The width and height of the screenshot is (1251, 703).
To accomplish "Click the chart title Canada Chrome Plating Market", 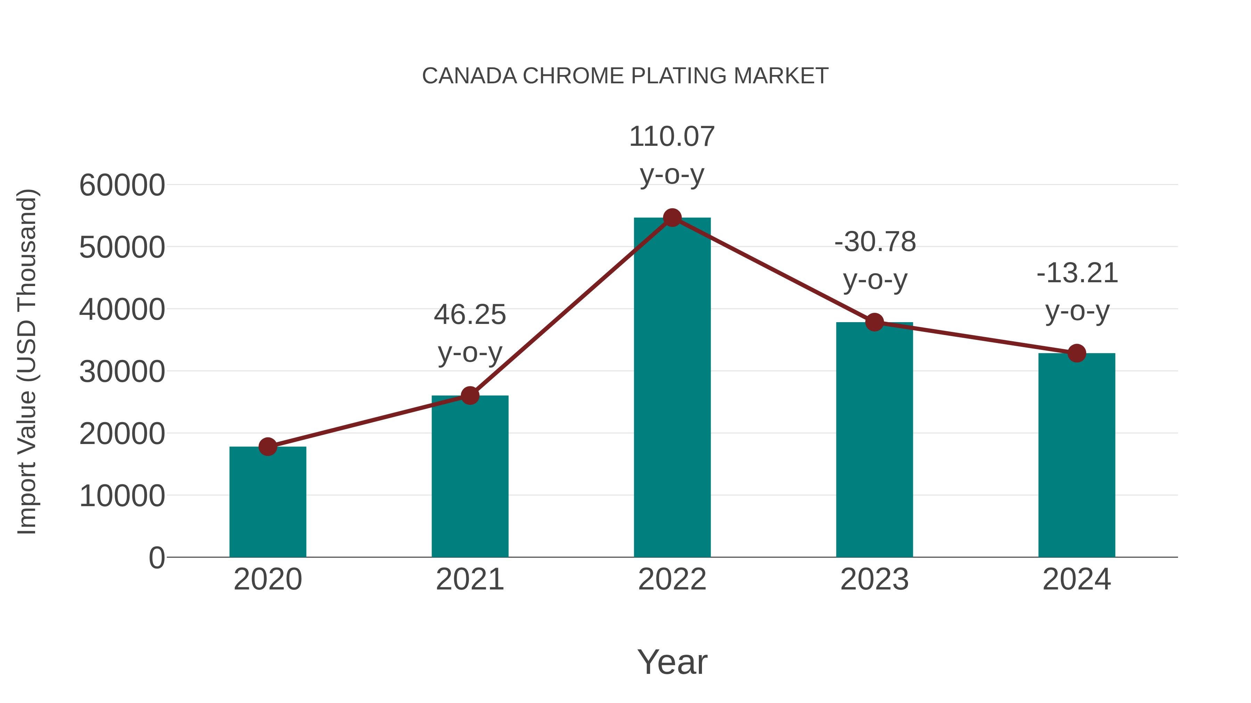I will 625,76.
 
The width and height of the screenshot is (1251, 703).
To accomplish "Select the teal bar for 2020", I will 268,502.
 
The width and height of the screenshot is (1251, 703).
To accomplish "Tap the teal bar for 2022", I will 672,388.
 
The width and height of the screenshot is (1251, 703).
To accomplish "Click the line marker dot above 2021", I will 469,395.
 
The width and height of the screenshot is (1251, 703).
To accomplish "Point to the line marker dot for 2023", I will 874,322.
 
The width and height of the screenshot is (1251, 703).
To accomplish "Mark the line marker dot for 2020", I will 268,446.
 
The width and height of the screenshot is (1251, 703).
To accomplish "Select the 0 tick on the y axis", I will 156,558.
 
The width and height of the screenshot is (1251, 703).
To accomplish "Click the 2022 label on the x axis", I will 672,579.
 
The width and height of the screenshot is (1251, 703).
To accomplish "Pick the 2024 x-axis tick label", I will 1077,579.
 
